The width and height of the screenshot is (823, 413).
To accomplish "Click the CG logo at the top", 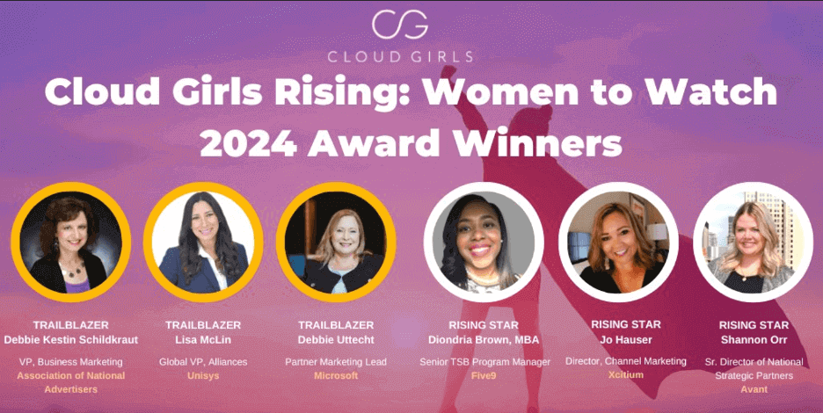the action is pyautogui.click(x=400, y=24).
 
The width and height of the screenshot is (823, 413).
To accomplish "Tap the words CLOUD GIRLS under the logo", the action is pyautogui.click(x=400, y=56).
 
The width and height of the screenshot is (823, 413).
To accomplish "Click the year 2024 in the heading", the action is pyautogui.click(x=248, y=141).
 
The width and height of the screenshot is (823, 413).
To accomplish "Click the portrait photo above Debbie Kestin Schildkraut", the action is pyautogui.click(x=71, y=242).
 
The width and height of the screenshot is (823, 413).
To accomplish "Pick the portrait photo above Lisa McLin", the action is pyautogui.click(x=204, y=242).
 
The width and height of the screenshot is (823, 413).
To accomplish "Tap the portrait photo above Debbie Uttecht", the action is pyautogui.click(x=336, y=242).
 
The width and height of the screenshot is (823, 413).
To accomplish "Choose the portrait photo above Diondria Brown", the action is pyautogui.click(x=484, y=242).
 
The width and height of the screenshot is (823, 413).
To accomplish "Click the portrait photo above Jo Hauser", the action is pyautogui.click(x=618, y=242).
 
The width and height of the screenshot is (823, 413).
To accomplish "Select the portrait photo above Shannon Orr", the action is pyautogui.click(x=754, y=242).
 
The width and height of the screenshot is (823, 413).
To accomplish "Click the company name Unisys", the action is pyautogui.click(x=203, y=376).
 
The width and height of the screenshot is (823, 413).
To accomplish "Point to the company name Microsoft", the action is pyautogui.click(x=336, y=376).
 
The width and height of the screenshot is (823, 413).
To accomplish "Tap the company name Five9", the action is pyautogui.click(x=484, y=376).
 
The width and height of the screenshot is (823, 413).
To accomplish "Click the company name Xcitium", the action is pyautogui.click(x=626, y=374).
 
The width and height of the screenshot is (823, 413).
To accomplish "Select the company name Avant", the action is pyautogui.click(x=754, y=389).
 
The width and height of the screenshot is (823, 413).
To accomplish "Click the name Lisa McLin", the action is pyautogui.click(x=203, y=340).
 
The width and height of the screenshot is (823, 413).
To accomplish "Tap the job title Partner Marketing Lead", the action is pyautogui.click(x=336, y=361).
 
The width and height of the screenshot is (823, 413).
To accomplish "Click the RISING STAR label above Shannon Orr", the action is pyautogui.click(x=754, y=325).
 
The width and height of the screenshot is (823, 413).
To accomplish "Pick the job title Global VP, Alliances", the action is pyautogui.click(x=203, y=361).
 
